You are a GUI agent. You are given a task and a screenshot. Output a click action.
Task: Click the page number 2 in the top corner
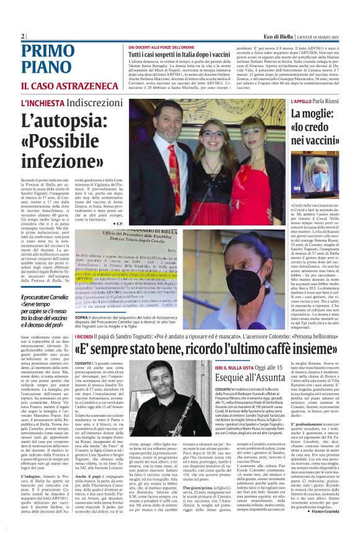tap(23, 37)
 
